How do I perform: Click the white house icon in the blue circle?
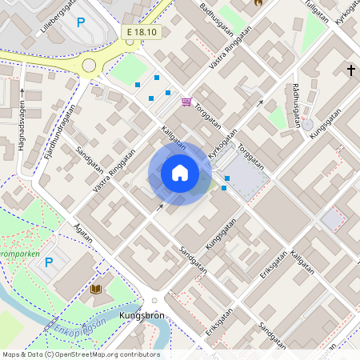point(180,173)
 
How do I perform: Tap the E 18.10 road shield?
point(142,32)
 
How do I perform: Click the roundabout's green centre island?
point(89,66)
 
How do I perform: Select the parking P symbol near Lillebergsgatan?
point(80,22)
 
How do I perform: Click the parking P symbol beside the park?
point(48,262)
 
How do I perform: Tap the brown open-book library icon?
point(97,289)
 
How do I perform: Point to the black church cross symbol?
point(350,70)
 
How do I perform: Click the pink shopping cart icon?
point(186,102)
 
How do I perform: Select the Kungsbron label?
point(142,316)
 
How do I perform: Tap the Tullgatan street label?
point(317,11)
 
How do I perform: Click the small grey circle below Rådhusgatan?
point(308,125)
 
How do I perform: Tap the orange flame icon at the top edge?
point(258,3)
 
